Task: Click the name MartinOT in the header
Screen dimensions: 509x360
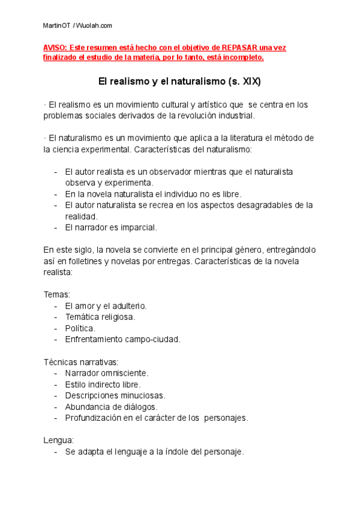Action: (57, 26)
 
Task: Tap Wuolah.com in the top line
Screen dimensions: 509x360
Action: (94, 26)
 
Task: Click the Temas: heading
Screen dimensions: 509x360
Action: (57, 295)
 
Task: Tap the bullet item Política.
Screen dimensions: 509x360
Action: (80, 328)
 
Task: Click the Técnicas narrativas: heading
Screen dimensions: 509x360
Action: (81, 362)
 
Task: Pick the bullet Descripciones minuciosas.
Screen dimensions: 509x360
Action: (115, 396)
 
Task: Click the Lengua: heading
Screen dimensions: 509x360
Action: (58, 441)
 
